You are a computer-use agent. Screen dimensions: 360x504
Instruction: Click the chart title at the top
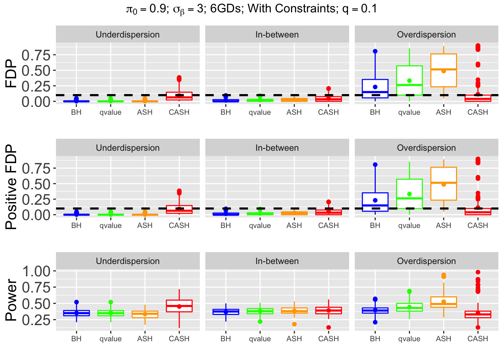[x=252, y=9]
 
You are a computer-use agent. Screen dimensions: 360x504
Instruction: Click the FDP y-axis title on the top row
[x=12, y=73]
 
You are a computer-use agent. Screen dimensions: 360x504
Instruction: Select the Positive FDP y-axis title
[x=12, y=187]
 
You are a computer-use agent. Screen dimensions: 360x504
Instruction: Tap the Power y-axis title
[x=12, y=300]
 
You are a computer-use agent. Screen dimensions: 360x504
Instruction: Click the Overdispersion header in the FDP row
[x=426, y=34]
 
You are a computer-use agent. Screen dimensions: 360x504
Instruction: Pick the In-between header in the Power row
[x=277, y=261]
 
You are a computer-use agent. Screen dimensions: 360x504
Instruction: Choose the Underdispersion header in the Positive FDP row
[x=127, y=148]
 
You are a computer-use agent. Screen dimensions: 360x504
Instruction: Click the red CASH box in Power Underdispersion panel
[x=179, y=306]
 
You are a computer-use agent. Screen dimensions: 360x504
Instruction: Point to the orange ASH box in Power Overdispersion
[x=444, y=302]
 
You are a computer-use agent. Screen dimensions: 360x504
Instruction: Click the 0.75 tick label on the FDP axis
[x=36, y=55]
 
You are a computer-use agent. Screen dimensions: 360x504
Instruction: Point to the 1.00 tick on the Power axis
[x=36, y=271]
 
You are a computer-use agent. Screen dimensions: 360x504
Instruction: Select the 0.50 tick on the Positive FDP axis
[x=36, y=184]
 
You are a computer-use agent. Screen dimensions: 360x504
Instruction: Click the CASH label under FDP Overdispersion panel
[x=478, y=112]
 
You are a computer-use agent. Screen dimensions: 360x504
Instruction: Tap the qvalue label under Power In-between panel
[x=260, y=339]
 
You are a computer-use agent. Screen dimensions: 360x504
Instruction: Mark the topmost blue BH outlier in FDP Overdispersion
[x=375, y=51]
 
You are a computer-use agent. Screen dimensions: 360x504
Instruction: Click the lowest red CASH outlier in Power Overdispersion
[x=478, y=327]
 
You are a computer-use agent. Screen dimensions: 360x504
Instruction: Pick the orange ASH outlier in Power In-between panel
[x=294, y=324]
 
